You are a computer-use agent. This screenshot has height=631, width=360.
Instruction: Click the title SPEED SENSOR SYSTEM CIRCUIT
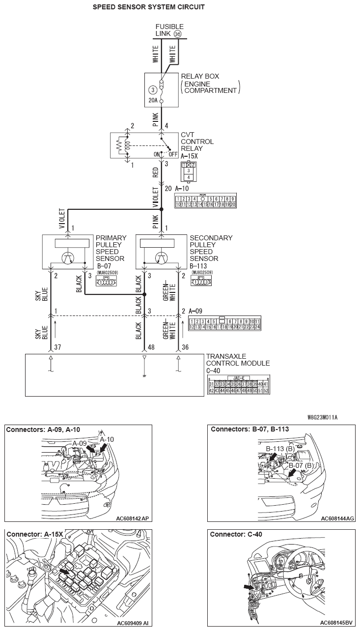[x=149, y=7]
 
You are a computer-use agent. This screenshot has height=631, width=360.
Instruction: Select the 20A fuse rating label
[x=153, y=101]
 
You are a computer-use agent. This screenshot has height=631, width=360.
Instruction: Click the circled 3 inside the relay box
[x=153, y=90]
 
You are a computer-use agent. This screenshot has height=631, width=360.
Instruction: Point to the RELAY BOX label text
[x=200, y=77]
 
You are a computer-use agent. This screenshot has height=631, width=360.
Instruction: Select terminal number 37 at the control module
[x=57, y=346]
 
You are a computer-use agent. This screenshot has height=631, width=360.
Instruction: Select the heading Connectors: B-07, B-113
[x=249, y=429]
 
